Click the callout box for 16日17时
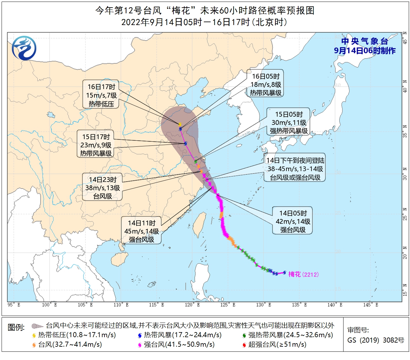101,95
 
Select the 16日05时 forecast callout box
266,84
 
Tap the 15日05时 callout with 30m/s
289,122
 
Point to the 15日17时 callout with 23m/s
96,145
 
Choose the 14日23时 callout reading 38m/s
103,188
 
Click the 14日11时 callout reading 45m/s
142,231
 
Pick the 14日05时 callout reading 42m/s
293,221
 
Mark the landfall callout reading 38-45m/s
295,169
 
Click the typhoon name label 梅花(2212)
303,274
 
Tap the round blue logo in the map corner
24,48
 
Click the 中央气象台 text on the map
364,42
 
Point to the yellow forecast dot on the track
180,125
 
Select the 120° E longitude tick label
192,305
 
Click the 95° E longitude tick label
14,305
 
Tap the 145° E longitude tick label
371,305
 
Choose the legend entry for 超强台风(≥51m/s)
274,344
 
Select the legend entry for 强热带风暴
287,335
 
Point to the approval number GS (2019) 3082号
376,340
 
